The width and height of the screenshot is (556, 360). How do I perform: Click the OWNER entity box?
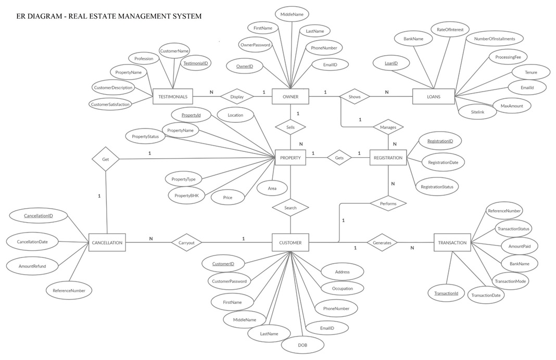[290, 96]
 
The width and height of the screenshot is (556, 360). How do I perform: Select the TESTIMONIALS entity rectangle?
[172, 97]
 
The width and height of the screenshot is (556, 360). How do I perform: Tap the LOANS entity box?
[433, 96]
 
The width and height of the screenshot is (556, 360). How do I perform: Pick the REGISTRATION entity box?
[388, 158]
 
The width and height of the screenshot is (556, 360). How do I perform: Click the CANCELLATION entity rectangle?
[107, 242]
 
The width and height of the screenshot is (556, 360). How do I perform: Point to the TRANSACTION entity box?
[452, 242]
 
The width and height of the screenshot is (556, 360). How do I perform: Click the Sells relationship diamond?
[290, 127]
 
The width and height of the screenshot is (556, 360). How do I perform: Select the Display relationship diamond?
[237, 97]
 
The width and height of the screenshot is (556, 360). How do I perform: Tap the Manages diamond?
[388, 127]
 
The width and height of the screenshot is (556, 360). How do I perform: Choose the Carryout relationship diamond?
[186, 242]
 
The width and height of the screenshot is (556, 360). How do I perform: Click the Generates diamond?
[382, 242]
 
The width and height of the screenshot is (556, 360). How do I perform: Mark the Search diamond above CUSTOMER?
[290, 208]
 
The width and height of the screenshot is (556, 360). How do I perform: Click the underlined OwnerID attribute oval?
[245, 66]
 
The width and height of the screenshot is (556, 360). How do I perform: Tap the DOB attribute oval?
[302, 345]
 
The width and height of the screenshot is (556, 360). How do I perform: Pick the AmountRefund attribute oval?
[32, 266]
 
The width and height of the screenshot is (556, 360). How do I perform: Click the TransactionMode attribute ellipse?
[510, 281]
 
